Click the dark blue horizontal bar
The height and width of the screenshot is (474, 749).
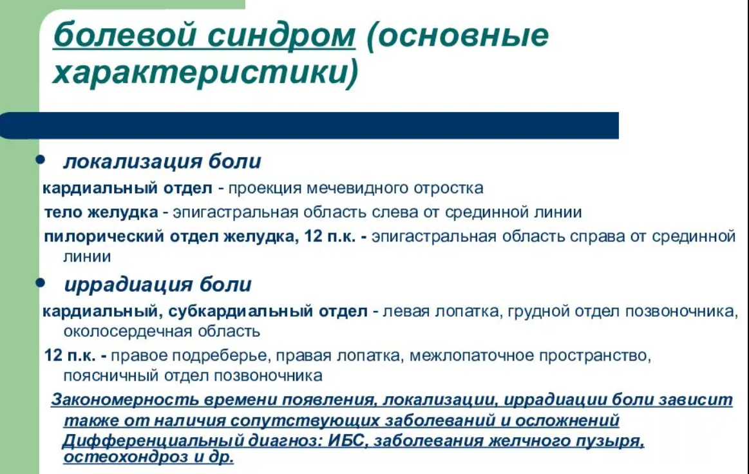[310, 126]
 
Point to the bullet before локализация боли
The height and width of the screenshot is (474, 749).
[41, 160]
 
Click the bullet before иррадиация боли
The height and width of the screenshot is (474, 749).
[41, 283]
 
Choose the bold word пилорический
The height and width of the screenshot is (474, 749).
[104, 237]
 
